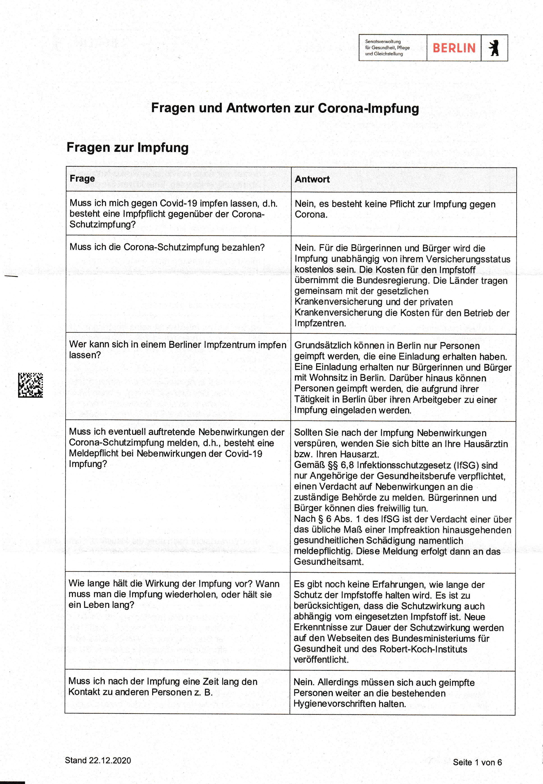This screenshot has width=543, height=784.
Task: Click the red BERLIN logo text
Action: click(454, 48)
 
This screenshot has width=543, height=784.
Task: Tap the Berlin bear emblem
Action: click(494, 48)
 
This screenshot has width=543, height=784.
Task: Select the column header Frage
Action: click(82, 178)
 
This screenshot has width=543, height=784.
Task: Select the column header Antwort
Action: click(312, 179)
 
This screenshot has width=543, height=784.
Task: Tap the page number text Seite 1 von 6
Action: click(477, 762)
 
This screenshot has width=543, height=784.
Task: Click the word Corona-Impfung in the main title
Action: click(368, 108)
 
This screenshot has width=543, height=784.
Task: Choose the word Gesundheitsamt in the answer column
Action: click(329, 561)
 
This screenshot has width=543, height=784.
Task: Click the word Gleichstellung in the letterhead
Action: click(388, 54)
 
